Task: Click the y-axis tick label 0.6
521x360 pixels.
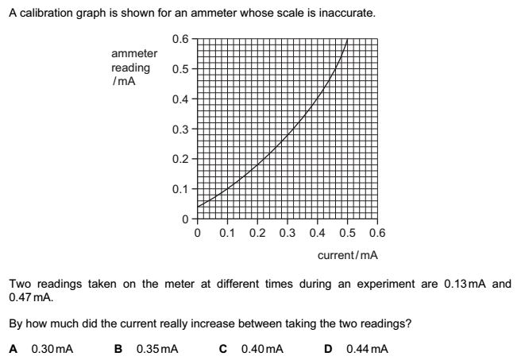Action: point(180,39)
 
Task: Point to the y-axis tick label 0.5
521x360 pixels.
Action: point(180,69)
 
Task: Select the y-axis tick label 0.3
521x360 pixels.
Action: point(180,129)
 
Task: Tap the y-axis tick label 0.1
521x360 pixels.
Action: point(180,188)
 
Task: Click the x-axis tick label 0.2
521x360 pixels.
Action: point(257,233)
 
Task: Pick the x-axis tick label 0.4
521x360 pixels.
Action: point(317,233)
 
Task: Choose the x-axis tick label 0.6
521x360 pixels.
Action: point(377,233)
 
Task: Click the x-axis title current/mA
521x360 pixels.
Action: point(347,256)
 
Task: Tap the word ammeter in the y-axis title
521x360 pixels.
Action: point(134,53)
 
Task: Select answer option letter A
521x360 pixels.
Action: point(13,348)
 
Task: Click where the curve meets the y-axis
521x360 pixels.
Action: point(197,207)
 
